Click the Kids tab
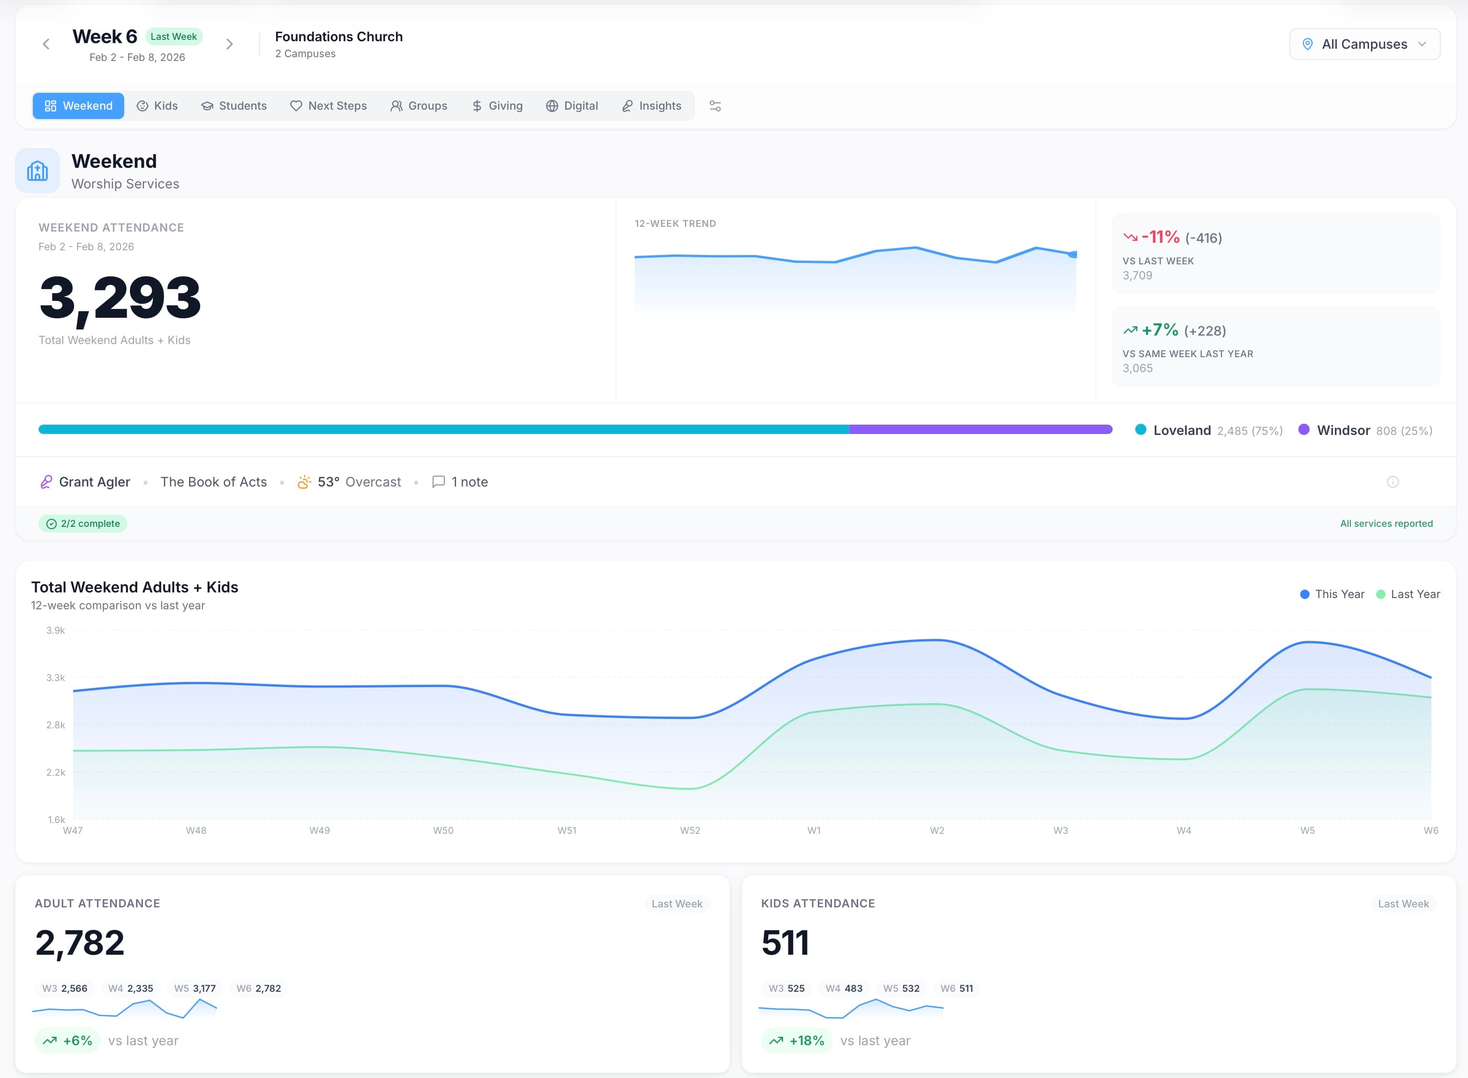[x=157, y=106]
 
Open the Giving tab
[x=497, y=106]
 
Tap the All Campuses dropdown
[x=1364, y=45]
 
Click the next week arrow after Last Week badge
[x=229, y=45]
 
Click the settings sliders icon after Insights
[x=715, y=106]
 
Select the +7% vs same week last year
[x=1160, y=330]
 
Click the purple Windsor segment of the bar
[x=980, y=429]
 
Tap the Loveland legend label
[x=1181, y=430]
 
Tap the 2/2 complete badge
[x=83, y=524]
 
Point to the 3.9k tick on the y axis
[x=55, y=630]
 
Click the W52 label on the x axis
[x=689, y=830]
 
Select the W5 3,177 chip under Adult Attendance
[x=195, y=988]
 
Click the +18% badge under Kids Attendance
[x=797, y=1040]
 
